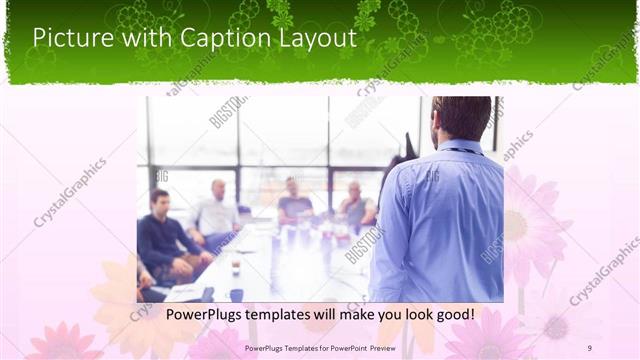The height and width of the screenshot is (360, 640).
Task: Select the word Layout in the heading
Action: point(318,38)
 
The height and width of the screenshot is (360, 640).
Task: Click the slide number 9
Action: point(589,347)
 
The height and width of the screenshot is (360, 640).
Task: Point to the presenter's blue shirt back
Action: point(440,220)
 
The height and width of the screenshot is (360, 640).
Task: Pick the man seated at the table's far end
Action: point(294,200)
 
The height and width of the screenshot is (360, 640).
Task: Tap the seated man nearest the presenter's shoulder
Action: point(355,205)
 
